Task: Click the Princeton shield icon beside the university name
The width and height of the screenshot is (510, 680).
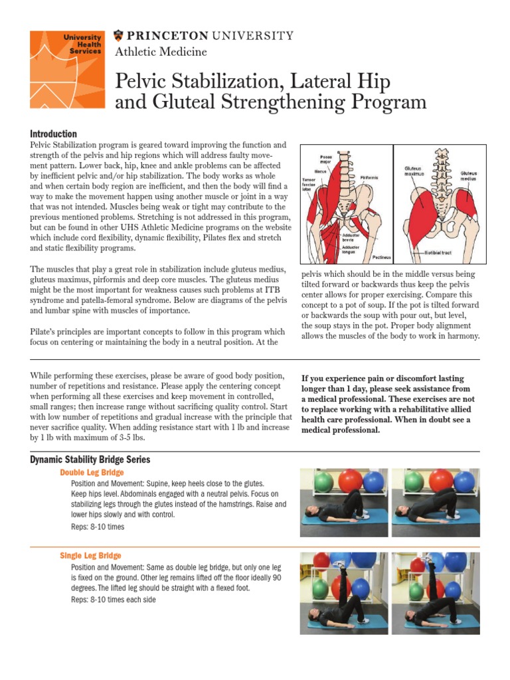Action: point(119,35)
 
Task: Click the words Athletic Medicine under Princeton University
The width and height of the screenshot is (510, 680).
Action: point(161,52)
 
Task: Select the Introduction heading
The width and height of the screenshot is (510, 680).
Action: point(54,133)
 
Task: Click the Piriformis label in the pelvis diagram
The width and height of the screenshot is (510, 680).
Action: point(371,177)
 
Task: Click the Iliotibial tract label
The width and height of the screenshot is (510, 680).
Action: point(442,253)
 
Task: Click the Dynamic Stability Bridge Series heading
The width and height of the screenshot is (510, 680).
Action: point(90,460)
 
